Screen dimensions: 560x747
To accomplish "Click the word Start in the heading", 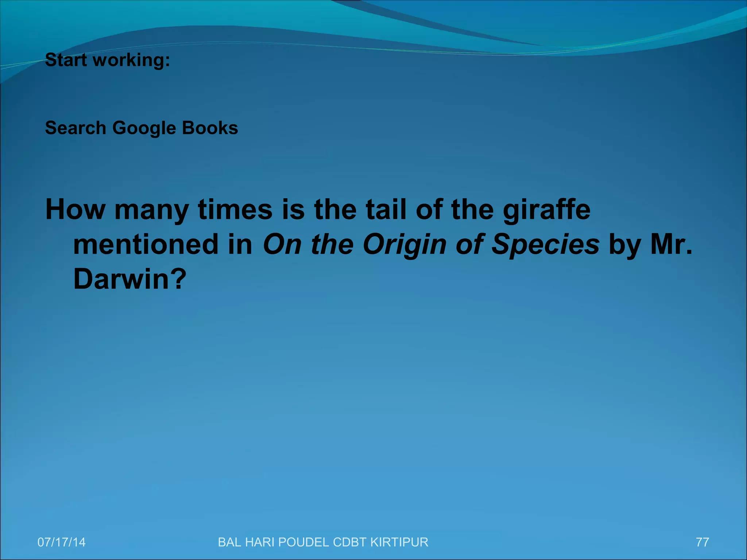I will pyautogui.click(x=66, y=60).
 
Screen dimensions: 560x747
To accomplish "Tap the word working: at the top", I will pyautogui.click(x=131, y=61).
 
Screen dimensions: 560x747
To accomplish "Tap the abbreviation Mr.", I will pyautogui.click(x=671, y=244).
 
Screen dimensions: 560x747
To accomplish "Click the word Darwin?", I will pyautogui.click(x=130, y=279).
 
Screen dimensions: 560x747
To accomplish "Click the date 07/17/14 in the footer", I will pyautogui.click(x=62, y=542).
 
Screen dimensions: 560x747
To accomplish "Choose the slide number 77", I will pyautogui.click(x=702, y=542).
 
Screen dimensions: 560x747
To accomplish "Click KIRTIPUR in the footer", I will pyautogui.click(x=399, y=542).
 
